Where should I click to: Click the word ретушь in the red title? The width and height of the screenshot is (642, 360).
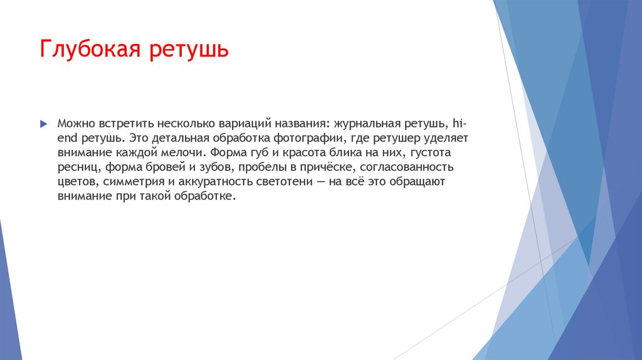click(x=188, y=50)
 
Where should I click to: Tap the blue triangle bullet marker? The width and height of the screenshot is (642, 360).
click(x=43, y=122)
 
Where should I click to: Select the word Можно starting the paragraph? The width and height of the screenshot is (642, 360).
click(x=75, y=122)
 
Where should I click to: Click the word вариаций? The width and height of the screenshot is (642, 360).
click(x=242, y=122)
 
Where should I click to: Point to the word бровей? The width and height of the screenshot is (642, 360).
click(x=155, y=167)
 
